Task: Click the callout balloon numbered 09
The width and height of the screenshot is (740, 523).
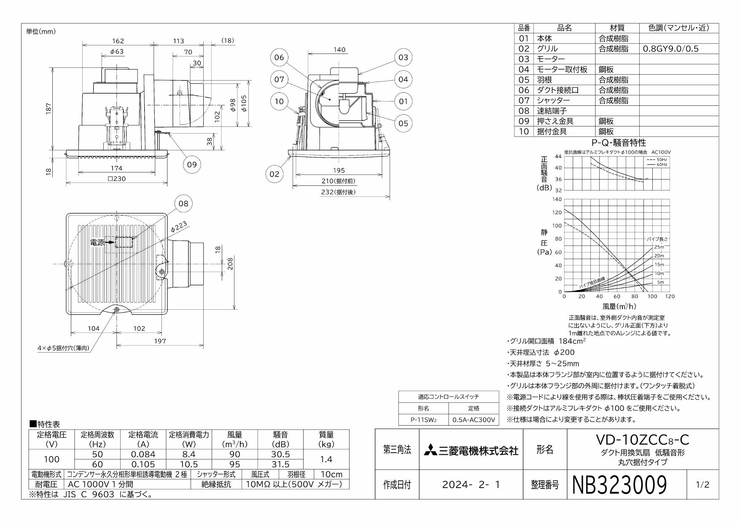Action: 192,164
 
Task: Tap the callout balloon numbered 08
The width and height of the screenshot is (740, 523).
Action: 183,204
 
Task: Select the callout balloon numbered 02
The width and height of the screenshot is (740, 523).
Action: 274,174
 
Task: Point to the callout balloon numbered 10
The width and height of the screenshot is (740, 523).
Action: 279,101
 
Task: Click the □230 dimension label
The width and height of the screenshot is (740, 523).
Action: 117,178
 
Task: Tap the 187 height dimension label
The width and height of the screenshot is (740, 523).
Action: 49,108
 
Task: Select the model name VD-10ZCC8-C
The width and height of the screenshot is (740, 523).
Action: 642,440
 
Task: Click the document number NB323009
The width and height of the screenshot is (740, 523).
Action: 619,484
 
